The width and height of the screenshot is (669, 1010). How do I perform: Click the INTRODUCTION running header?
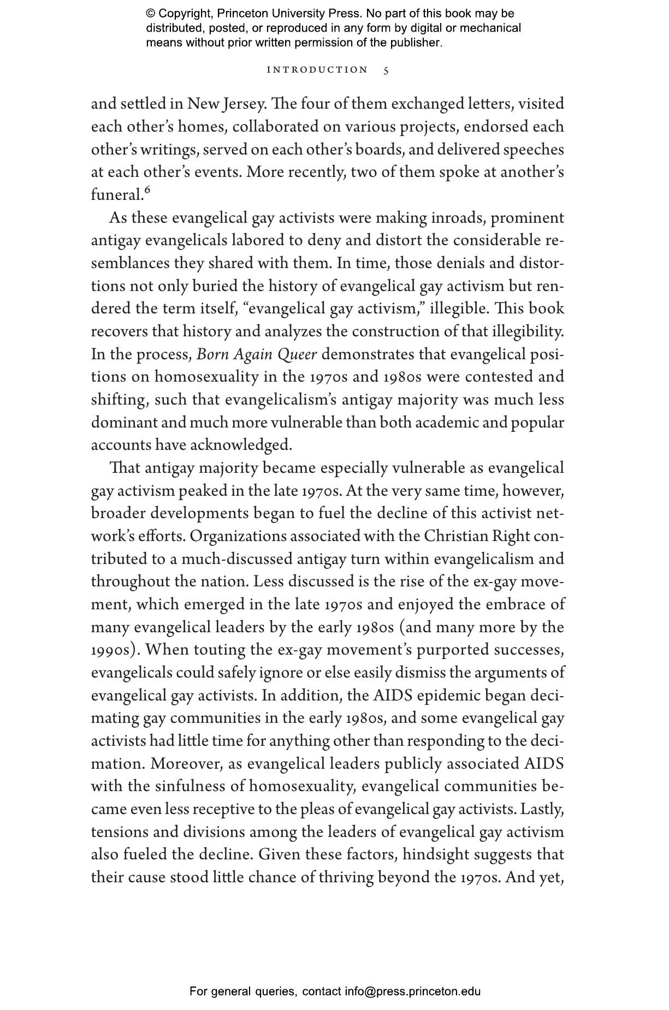point(317,70)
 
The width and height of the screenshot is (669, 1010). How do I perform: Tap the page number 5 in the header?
point(386,70)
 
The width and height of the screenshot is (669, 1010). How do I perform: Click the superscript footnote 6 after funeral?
point(147,190)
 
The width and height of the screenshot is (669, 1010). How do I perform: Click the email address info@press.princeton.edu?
point(412,991)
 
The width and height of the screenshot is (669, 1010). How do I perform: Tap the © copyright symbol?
point(151,14)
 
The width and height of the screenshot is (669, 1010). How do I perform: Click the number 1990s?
point(114,650)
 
